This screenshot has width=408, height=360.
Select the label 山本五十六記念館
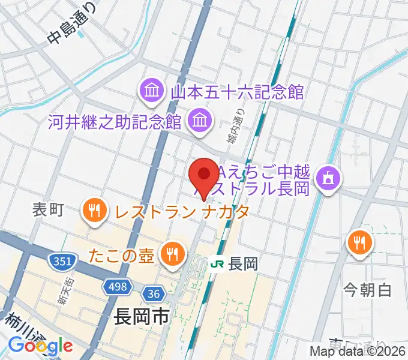point(238,92)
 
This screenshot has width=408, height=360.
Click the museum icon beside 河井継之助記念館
point(198,122)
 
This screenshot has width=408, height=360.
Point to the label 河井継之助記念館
point(115,122)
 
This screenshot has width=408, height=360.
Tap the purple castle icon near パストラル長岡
point(327,178)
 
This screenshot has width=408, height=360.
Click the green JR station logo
point(218,263)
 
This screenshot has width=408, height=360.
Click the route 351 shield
point(59,261)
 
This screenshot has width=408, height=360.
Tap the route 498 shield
point(118,287)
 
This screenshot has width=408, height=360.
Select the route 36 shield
point(153,293)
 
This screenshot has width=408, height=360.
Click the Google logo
point(40,345)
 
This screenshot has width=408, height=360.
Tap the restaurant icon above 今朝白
point(360,242)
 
